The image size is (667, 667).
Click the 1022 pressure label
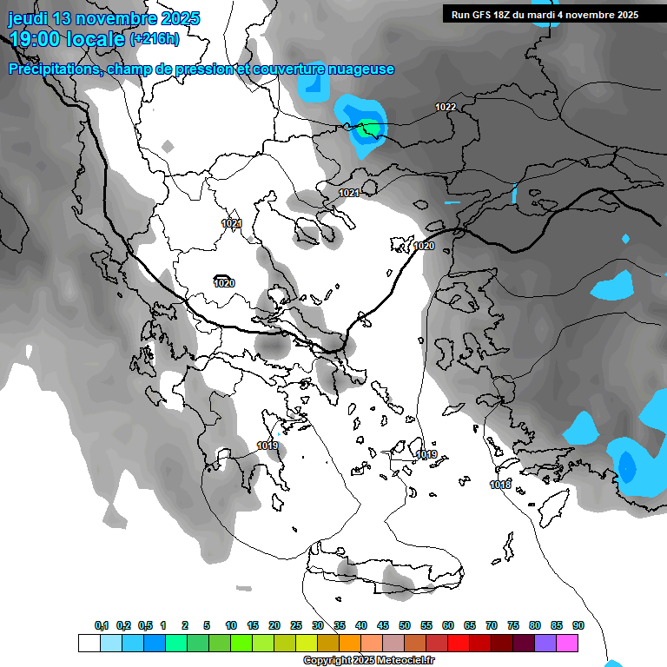[x=446, y=107]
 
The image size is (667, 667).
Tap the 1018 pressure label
[x=500, y=485]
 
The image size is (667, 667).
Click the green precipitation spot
[x=371, y=129]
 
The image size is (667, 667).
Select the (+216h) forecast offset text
[x=155, y=38]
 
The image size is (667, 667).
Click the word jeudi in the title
[x=29, y=18]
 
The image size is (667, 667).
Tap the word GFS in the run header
[x=485, y=15]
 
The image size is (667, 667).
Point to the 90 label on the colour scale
[x=578, y=625]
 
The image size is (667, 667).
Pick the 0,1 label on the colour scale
[x=102, y=625]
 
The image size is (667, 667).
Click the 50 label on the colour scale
[x=405, y=625]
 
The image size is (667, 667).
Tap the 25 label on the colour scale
[x=296, y=625]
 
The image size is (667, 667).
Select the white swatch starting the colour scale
[x=89, y=643]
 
